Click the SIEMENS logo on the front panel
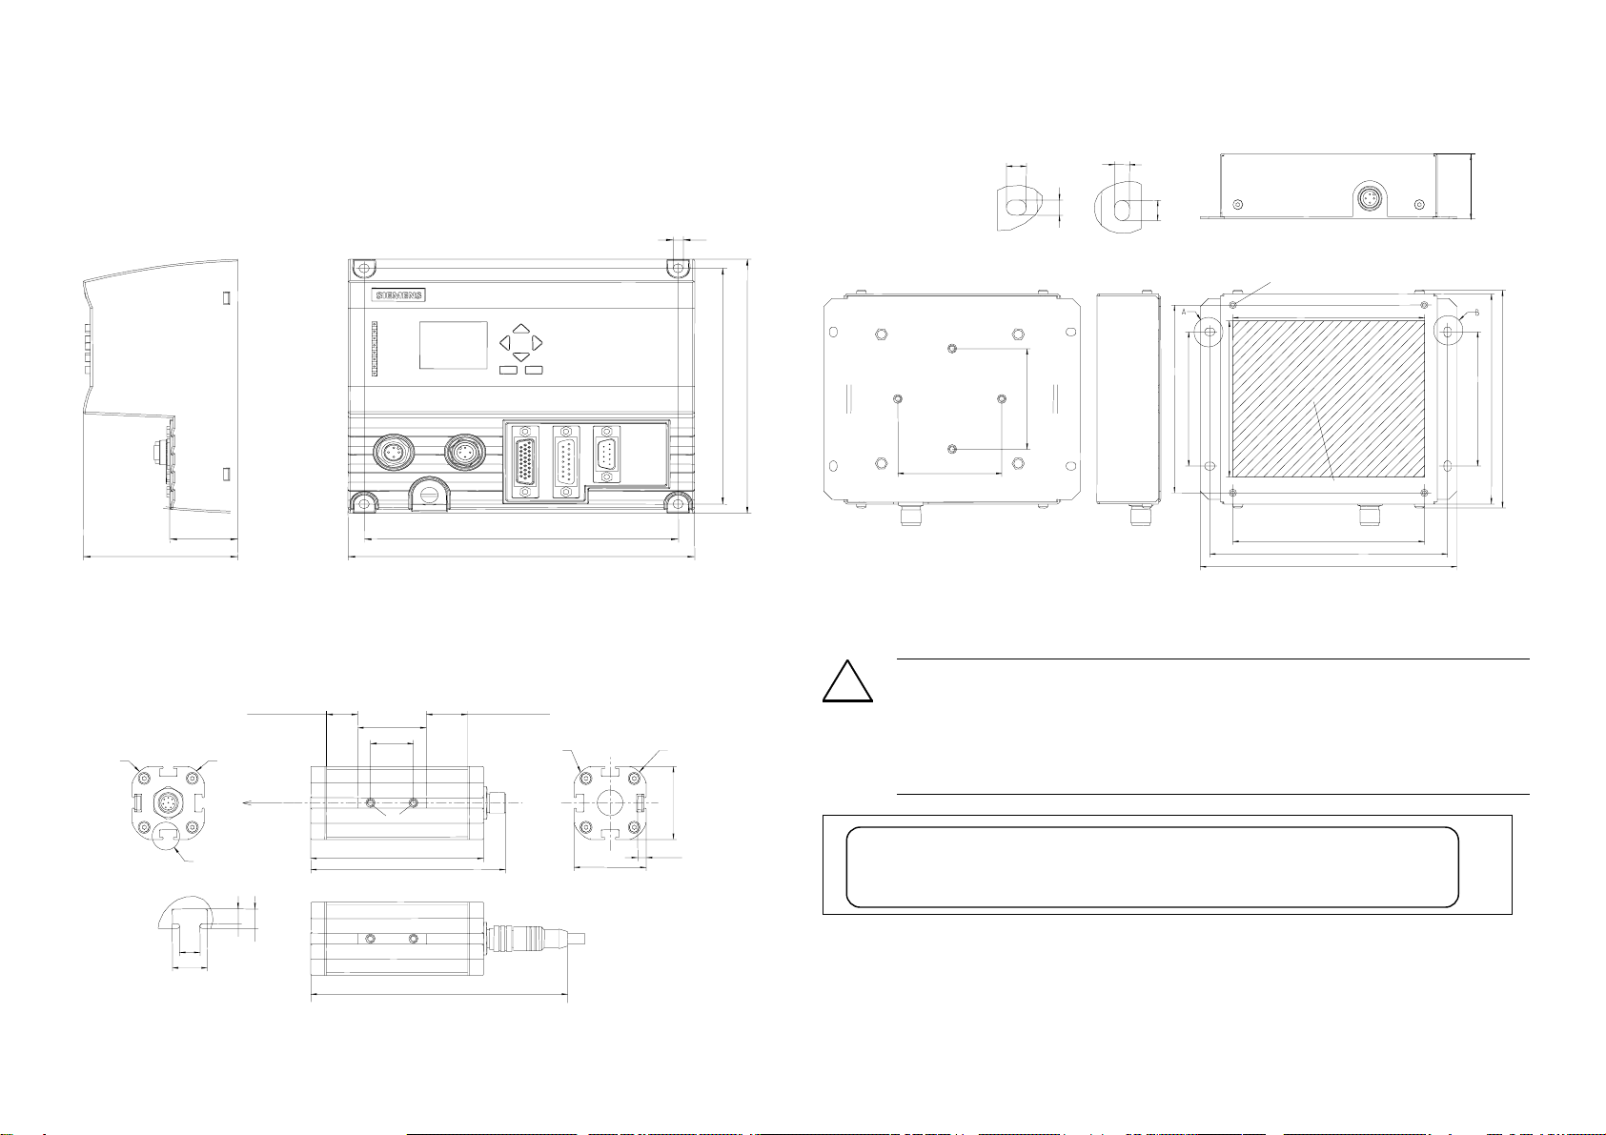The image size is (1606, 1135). (399, 295)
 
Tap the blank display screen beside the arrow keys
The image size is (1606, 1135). (454, 345)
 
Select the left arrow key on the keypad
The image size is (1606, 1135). (505, 341)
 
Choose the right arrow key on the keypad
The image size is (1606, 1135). (538, 341)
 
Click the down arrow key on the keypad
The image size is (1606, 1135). (521, 356)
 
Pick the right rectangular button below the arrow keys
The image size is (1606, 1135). (533, 370)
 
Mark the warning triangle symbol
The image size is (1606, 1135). (848, 679)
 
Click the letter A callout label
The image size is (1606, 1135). (1184, 312)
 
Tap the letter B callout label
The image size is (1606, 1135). (1476, 313)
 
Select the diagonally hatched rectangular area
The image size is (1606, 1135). (1328, 398)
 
